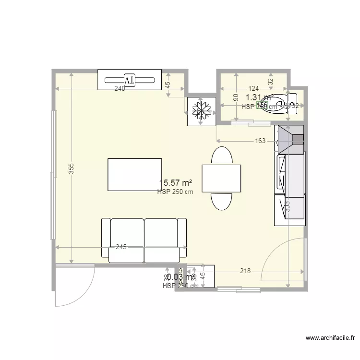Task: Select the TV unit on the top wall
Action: coord(130,79)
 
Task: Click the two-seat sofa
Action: coord(144,240)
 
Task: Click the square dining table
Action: coord(221,178)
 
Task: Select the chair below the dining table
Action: coord(222,201)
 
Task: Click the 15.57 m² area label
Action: coord(176,183)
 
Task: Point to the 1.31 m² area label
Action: coord(259,97)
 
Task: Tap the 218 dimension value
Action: coord(245,271)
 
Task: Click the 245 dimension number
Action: coord(121,247)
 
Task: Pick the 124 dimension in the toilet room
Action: coord(253,89)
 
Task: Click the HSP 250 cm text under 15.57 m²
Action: coord(175,192)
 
